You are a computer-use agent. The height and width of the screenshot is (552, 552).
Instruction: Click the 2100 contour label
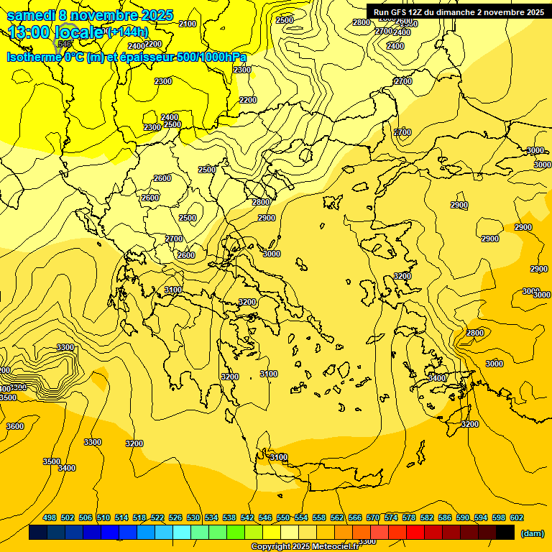tap(187, 24)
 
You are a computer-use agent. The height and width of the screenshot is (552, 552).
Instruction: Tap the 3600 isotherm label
tap(14, 426)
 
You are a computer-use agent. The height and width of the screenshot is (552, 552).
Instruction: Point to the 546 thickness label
tap(65, 43)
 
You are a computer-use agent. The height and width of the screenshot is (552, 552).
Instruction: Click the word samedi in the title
tap(33, 14)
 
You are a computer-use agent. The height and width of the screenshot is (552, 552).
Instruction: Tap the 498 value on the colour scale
tap(50, 517)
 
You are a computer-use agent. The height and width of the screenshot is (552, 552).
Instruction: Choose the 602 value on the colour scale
tap(517, 517)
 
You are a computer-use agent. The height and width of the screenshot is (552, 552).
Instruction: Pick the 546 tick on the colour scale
tap(265, 517)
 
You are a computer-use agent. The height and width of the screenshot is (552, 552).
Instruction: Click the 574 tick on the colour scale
tap(391, 517)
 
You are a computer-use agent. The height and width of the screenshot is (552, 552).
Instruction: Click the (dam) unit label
tap(531, 533)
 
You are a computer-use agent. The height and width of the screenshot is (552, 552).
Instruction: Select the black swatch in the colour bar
tap(505, 533)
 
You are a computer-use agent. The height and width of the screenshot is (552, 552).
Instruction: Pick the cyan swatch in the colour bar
tap(182, 533)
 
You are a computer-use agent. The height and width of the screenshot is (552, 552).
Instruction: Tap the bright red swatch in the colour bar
tap(415, 533)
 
